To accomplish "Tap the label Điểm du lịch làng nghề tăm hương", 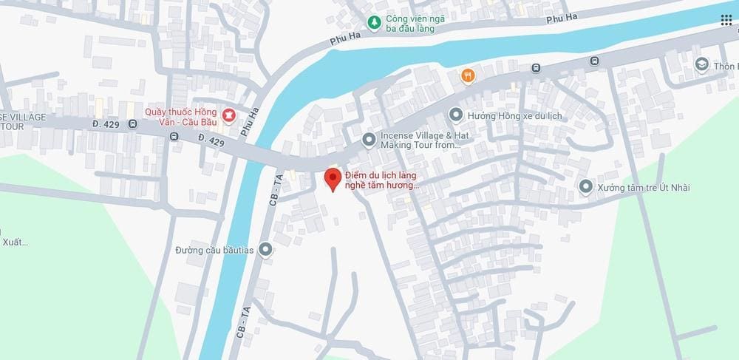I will pyautogui.click(x=383, y=180).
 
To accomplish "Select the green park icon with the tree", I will pyautogui.click(x=375, y=22).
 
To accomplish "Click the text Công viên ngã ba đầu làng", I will pyautogui.click(x=411, y=24).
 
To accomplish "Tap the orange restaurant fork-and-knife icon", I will pyautogui.click(x=468, y=75).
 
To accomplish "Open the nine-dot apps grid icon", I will pyautogui.click(x=726, y=20).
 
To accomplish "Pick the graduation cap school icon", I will pyautogui.click(x=701, y=66).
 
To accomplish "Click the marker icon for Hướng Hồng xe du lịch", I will pyautogui.click(x=456, y=115).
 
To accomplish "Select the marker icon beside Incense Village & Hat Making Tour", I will pyautogui.click(x=368, y=140).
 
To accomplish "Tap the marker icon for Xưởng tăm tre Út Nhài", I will pyautogui.click(x=586, y=187).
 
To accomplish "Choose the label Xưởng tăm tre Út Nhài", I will pyautogui.click(x=645, y=188).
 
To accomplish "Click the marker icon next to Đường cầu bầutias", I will pyautogui.click(x=265, y=249).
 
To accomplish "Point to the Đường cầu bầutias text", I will pyautogui.click(x=214, y=250).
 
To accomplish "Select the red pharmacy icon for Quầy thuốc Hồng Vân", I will pyautogui.click(x=228, y=115).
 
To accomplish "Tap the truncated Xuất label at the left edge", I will pyautogui.click(x=10, y=242).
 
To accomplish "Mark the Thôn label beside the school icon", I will pyautogui.click(x=726, y=66).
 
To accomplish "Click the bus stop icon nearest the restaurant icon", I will pyautogui.click(x=536, y=69).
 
